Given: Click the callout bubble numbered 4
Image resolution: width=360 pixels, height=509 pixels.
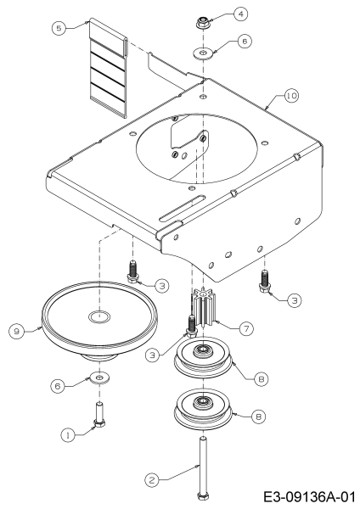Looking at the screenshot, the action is click(240, 14).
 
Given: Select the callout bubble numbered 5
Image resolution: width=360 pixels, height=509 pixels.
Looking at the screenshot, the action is click(59, 28).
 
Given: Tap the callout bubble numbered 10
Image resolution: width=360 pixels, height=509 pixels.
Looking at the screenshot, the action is click(291, 96).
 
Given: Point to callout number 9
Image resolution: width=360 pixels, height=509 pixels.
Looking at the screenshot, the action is click(17, 332).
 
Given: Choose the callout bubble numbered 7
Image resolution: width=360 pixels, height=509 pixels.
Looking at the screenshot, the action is click(246, 329).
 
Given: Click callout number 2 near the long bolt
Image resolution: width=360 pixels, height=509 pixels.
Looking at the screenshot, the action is click(152, 480).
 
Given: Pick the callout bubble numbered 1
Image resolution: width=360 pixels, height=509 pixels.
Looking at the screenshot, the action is click(68, 435).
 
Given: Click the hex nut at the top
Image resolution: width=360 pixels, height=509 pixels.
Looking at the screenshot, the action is click(203, 23).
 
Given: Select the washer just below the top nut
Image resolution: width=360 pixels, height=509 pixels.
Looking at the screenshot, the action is click(204, 53).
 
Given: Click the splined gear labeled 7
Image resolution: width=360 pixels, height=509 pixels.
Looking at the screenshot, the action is click(204, 309).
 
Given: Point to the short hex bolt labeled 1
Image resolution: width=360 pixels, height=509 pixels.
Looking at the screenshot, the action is click(98, 415).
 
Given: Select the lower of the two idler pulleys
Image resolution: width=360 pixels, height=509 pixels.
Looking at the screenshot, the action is click(204, 409).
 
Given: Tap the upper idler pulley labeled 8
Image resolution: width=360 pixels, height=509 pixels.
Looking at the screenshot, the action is click(204, 358).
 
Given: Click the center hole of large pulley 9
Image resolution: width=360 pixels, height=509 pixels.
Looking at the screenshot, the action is click(99, 316).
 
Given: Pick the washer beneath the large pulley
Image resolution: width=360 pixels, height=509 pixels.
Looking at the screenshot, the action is click(99, 378).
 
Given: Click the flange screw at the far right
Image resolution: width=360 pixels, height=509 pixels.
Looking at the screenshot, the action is click(264, 280).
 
